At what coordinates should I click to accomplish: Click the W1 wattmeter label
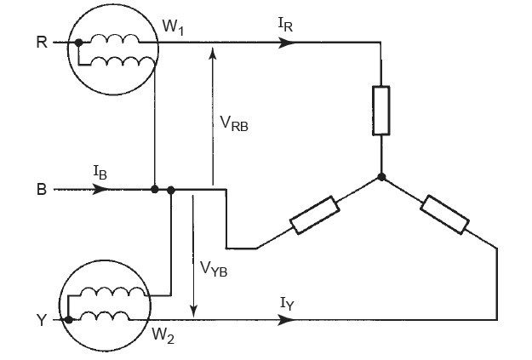pos(174,28)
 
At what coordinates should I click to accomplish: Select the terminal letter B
pos(42,190)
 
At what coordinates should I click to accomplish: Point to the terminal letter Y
pos(42,321)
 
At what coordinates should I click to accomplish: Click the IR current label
pos(287,26)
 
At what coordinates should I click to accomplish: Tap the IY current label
pos(287,303)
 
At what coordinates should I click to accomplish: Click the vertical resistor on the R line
pos(381,110)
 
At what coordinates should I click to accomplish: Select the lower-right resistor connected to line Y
pos(444,214)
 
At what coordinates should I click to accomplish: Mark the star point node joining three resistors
pos(381,178)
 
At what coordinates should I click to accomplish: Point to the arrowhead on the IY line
pos(289,321)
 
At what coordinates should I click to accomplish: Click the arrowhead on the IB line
pos(101,189)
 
